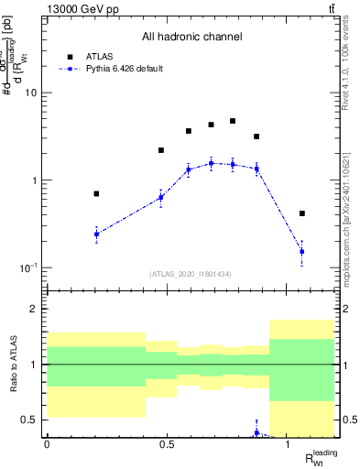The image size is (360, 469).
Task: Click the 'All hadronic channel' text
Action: click(x=191, y=37)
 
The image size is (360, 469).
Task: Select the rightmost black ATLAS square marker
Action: click(x=302, y=213)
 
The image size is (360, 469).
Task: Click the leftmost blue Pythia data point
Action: click(x=96, y=234)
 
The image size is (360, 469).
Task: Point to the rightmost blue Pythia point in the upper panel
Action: click(x=302, y=251)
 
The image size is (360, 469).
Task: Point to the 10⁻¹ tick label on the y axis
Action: click(x=27, y=267)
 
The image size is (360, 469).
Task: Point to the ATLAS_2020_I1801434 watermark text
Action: click(x=191, y=274)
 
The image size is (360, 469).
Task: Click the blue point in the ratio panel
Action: click(x=256, y=432)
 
